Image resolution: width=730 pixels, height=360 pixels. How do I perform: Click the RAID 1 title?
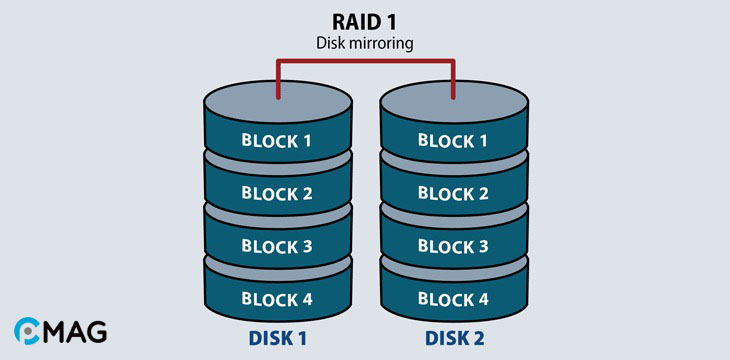click(x=365, y=21)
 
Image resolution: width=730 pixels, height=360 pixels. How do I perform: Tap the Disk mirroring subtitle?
click(x=365, y=43)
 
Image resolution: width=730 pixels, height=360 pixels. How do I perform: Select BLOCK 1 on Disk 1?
click(x=276, y=140)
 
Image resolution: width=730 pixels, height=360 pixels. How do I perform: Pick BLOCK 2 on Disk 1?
click(x=276, y=193)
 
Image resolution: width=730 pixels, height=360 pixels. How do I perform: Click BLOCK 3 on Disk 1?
click(x=276, y=246)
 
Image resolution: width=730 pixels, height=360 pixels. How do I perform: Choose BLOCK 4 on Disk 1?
click(x=276, y=298)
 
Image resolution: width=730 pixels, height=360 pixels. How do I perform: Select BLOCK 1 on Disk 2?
click(x=453, y=140)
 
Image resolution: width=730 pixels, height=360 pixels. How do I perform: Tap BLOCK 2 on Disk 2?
click(x=453, y=193)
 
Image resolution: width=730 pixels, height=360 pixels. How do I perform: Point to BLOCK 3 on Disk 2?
click(x=453, y=246)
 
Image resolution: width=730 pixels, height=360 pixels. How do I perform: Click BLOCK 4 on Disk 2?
click(x=453, y=298)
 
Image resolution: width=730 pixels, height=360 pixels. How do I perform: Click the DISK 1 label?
click(x=276, y=339)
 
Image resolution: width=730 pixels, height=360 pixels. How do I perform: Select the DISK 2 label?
click(x=453, y=339)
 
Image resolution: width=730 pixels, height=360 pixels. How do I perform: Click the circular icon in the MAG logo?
click(x=28, y=331)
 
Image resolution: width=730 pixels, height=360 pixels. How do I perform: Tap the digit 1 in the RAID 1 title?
click(x=401, y=21)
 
